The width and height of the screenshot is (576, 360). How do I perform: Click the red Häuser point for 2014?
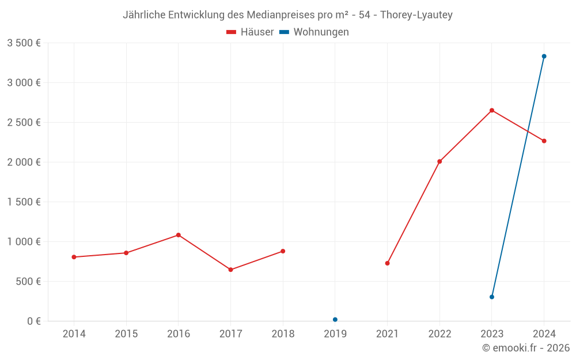[74, 257]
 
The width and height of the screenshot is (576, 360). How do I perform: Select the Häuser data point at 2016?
[179, 235]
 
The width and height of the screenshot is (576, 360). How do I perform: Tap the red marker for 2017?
[230, 270]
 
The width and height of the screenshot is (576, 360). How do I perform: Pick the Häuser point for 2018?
[283, 251]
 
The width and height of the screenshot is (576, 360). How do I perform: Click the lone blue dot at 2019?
[335, 320]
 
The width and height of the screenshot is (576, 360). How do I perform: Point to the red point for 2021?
[387, 263]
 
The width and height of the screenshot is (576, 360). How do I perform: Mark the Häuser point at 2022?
[439, 161]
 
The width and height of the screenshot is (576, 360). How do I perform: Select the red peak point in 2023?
[492, 110]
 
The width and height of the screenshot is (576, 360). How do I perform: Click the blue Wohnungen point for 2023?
[492, 297]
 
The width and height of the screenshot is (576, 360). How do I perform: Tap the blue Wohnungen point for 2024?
[544, 56]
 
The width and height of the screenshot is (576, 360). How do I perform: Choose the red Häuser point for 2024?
[544, 141]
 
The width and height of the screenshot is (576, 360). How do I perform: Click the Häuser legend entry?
[250, 32]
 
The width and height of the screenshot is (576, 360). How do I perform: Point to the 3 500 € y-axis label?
[24, 43]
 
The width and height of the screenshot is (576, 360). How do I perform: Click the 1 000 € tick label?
[24, 242]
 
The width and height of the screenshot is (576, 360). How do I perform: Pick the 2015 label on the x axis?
[126, 334]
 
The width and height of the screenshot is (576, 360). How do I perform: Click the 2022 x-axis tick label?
[439, 334]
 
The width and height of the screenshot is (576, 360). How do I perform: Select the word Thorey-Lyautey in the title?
[416, 15]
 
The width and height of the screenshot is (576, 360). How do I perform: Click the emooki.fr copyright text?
[526, 348]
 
